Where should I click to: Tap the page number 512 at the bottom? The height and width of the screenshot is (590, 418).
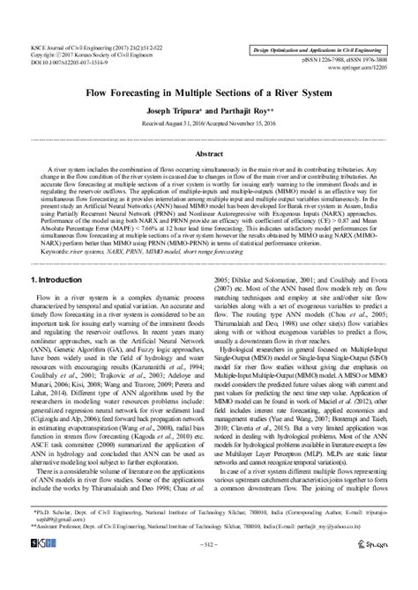pos(208,570)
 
